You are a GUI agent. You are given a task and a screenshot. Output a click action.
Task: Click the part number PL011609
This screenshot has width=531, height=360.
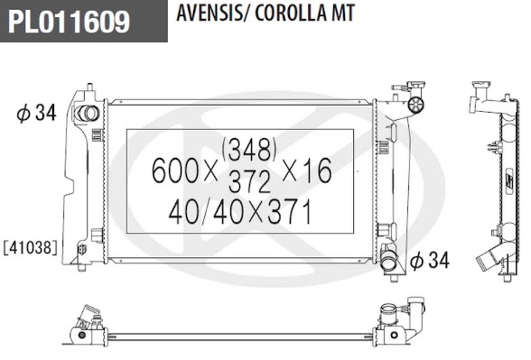click(70, 21)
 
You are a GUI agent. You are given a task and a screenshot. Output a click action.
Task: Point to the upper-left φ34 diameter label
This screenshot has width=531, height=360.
click(36, 114)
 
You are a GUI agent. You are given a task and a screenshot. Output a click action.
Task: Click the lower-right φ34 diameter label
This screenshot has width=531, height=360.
click(429, 262)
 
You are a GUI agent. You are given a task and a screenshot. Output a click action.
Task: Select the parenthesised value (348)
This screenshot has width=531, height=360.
click(248, 146)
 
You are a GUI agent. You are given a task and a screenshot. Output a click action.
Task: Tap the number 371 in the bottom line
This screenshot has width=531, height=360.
click(289, 213)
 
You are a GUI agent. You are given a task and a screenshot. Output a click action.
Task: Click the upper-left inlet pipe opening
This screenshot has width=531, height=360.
click(87, 115)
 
